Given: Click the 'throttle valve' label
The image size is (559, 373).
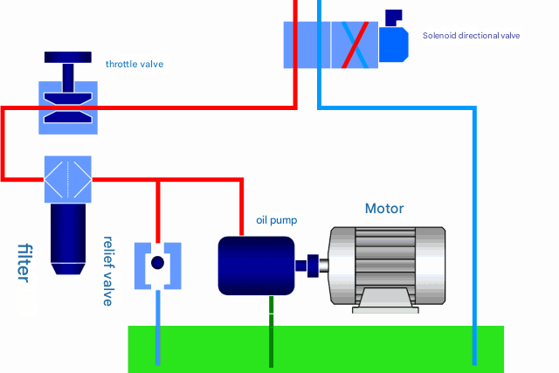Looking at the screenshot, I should click(x=134, y=64).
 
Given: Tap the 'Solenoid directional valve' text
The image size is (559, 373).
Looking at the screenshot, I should click(x=471, y=36).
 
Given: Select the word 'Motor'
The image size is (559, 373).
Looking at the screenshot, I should click(x=384, y=209).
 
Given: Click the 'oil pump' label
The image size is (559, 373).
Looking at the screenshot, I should click(x=276, y=220).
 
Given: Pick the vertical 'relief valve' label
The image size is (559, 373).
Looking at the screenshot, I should click(x=108, y=271).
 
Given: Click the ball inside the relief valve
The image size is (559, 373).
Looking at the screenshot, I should click(x=157, y=263).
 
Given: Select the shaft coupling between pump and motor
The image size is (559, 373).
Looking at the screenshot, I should click(x=310, y=264).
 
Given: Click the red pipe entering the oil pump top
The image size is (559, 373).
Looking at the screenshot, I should click(x=242, y=210).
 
